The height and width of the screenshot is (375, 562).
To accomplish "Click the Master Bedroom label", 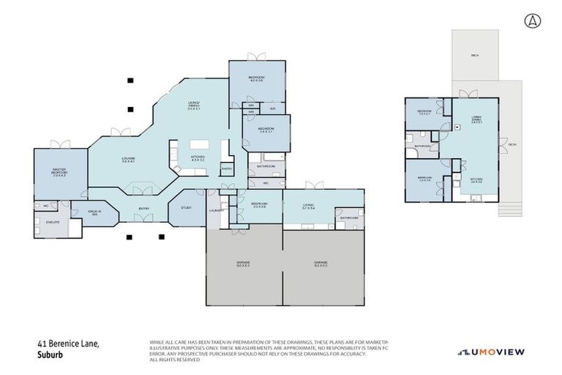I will (x=59, y=174).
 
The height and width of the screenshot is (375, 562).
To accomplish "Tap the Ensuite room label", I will (x=52, y=220).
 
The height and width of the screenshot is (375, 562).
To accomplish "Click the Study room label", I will (x=186, y=208).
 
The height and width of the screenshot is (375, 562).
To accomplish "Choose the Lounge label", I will (x=127, y=160).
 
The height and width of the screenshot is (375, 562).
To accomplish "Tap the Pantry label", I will (x=227, y=168).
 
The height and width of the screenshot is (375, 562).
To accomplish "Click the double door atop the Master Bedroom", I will (x=61, y=145).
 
